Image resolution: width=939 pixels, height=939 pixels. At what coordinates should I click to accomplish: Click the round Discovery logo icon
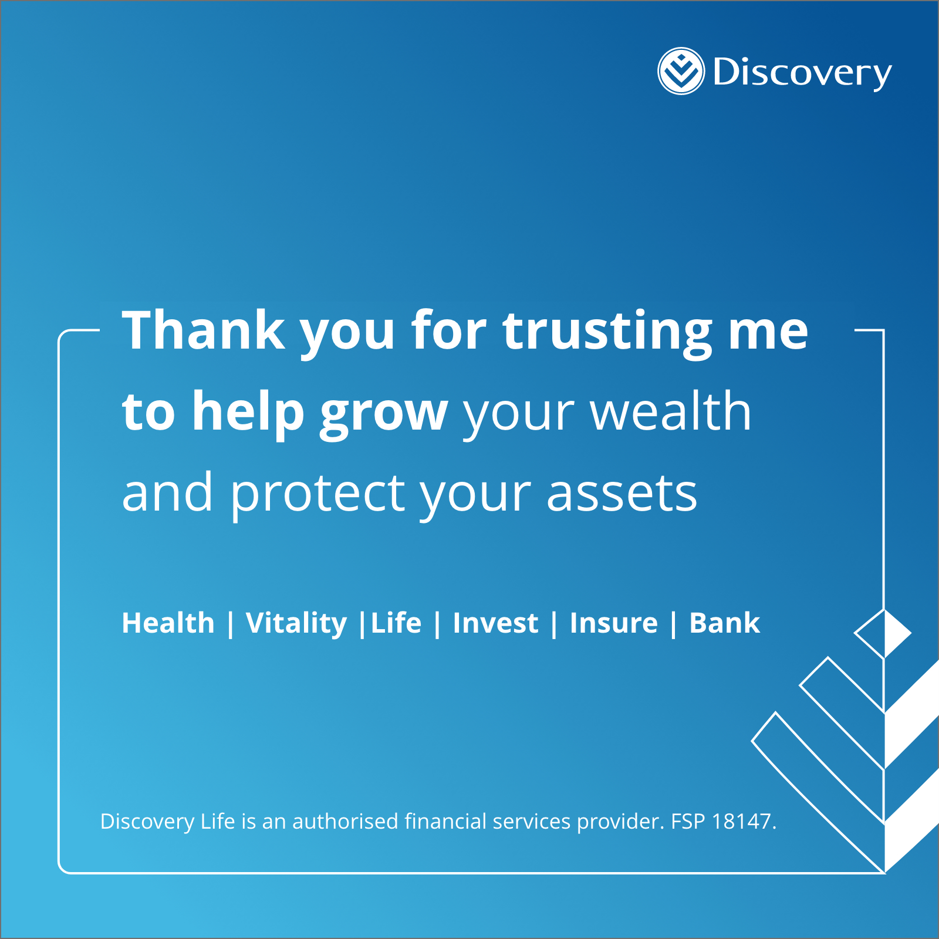point(681,71)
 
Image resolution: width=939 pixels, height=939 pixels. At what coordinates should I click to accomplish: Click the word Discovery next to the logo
point(802,73)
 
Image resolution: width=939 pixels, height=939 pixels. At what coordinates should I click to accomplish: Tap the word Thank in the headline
point(204,330)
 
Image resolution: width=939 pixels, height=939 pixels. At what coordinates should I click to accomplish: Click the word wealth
point(671,411)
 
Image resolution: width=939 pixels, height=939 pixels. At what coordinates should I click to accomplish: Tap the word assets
point(622,494)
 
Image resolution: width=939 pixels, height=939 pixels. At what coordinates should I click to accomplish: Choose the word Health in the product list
point(168,623)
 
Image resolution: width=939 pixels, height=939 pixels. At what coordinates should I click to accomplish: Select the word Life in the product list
point(396,623)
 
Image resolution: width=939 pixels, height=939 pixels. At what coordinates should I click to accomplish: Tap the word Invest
point(495,623)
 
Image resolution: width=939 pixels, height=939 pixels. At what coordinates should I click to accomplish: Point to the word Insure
point(614,623)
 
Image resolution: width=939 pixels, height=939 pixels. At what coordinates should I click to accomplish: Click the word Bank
point(725,623)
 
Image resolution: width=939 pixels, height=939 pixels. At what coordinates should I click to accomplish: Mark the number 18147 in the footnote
point(741,822)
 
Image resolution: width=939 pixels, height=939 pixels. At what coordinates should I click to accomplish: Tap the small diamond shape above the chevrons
point(883,634)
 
